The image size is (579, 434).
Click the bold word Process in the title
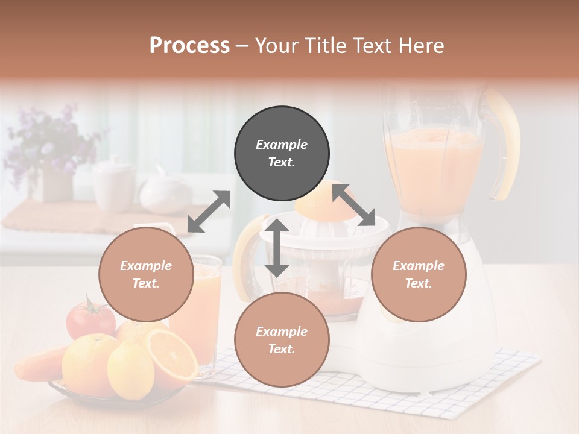tap(189, 46)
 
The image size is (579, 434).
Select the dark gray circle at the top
tap(282, 154)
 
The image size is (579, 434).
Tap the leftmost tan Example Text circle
tap(146, 274)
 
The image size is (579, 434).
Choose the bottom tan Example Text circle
tap(282, 340)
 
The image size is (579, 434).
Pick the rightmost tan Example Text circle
tap(419, 274)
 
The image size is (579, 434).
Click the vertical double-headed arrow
tap(277, 248)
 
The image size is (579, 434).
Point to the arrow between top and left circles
tap(209, 212)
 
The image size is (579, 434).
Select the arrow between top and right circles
tap(353, 205)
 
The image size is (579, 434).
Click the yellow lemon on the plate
tap(131, 369)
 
